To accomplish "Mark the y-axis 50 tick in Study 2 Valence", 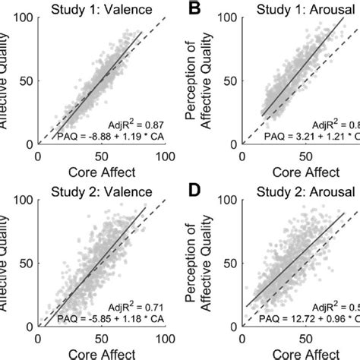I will tap(27, 262).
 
